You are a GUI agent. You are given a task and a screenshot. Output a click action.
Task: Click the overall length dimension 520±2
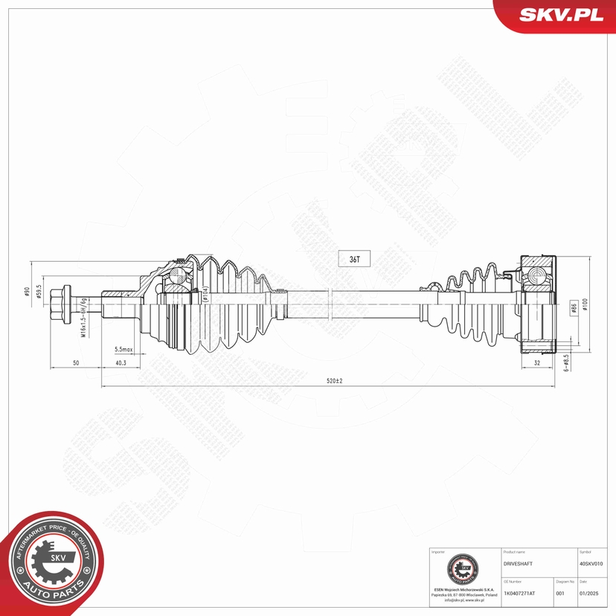tap(334, 380)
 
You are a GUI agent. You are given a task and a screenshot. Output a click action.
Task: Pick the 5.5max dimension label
tap(123, 349)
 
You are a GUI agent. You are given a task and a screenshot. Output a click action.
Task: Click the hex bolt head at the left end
tap(60, 304)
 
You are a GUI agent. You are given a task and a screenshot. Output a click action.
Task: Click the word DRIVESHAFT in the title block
tap(518, 565)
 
